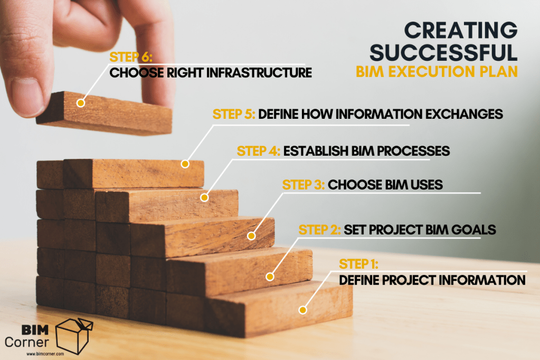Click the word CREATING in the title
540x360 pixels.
click(x=461, y=30)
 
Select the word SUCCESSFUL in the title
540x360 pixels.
click(x=443, y=52)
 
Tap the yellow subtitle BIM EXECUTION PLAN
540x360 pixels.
click(x=437, y=72)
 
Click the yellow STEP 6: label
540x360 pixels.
click(x=131, y=57)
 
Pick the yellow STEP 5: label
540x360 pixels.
click(x=234, y=114)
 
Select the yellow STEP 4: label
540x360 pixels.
click(x=259, y=151)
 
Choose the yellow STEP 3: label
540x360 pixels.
click(x=304, y=185)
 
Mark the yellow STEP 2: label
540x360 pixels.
click(x=319, y=230)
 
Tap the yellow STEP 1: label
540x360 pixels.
click(x=358, y=264)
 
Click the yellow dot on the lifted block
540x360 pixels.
click(x=81, y=102)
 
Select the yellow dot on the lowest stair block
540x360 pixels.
click(x=302, y=310)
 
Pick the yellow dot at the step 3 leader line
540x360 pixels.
click(x=251, y=236)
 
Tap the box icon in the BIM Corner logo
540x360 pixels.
click(x=74, y=336)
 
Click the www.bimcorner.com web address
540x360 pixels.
click(x=45, y=354)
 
